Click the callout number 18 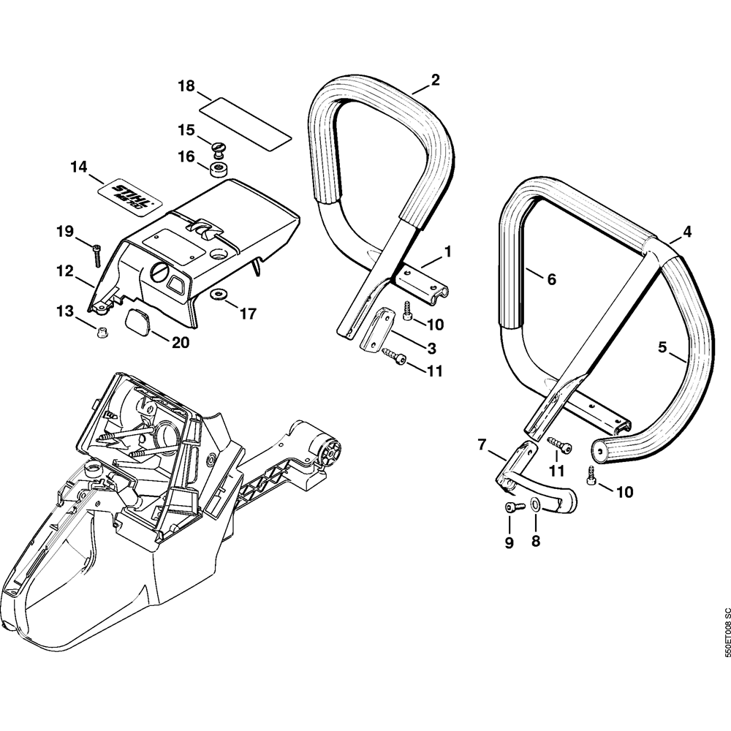pyautogui.click(x=186, y=86)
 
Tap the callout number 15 pyautogui.click(x=186, y=130)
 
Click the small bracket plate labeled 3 pyautogui.click(x=380, y=330)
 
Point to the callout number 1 pyautogui.click(x=447, y=251)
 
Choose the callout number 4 pyautogui.click(x=686, y=232)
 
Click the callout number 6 pyautogui.click(x=551, y=279)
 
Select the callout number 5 pyautogui.click(x=662, y=347)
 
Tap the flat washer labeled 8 pyautogui.click(x=535, y=504)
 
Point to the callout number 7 pyautogui.click(x=482, y=444)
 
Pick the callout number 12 pyautogui.click(x=65, y=271)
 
